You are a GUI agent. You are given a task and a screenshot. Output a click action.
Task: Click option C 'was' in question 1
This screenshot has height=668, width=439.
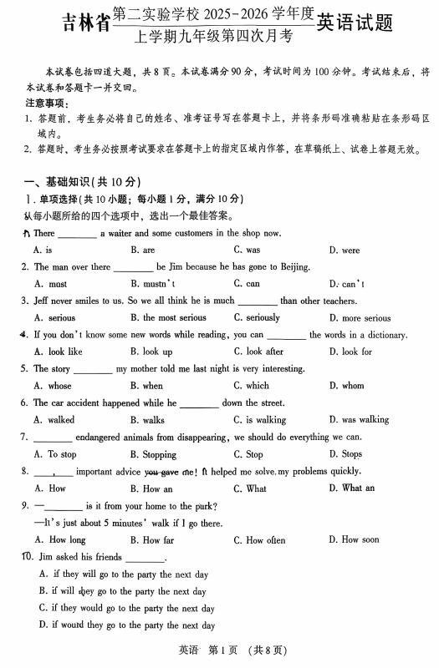click(x=247, y=250)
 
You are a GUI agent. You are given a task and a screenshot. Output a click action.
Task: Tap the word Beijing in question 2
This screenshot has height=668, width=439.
click(x=289, y=267)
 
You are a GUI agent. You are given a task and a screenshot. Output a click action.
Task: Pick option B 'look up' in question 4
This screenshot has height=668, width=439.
click(x=151, y=352)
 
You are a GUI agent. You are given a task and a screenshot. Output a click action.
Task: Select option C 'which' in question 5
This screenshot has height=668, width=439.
click(x=251, y=386)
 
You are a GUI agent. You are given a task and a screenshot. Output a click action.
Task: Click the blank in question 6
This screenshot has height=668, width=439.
click(x=199, y=403)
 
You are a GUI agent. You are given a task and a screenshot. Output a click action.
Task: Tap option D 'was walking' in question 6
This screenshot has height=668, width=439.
click(x=360, y=420)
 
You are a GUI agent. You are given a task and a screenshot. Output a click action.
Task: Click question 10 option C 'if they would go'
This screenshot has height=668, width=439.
click(x=126, y=609)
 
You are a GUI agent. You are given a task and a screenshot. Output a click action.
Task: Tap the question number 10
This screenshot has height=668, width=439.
click(x=27, y=557)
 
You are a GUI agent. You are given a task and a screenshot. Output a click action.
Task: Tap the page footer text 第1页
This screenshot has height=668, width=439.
click(x=226, y=650)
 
